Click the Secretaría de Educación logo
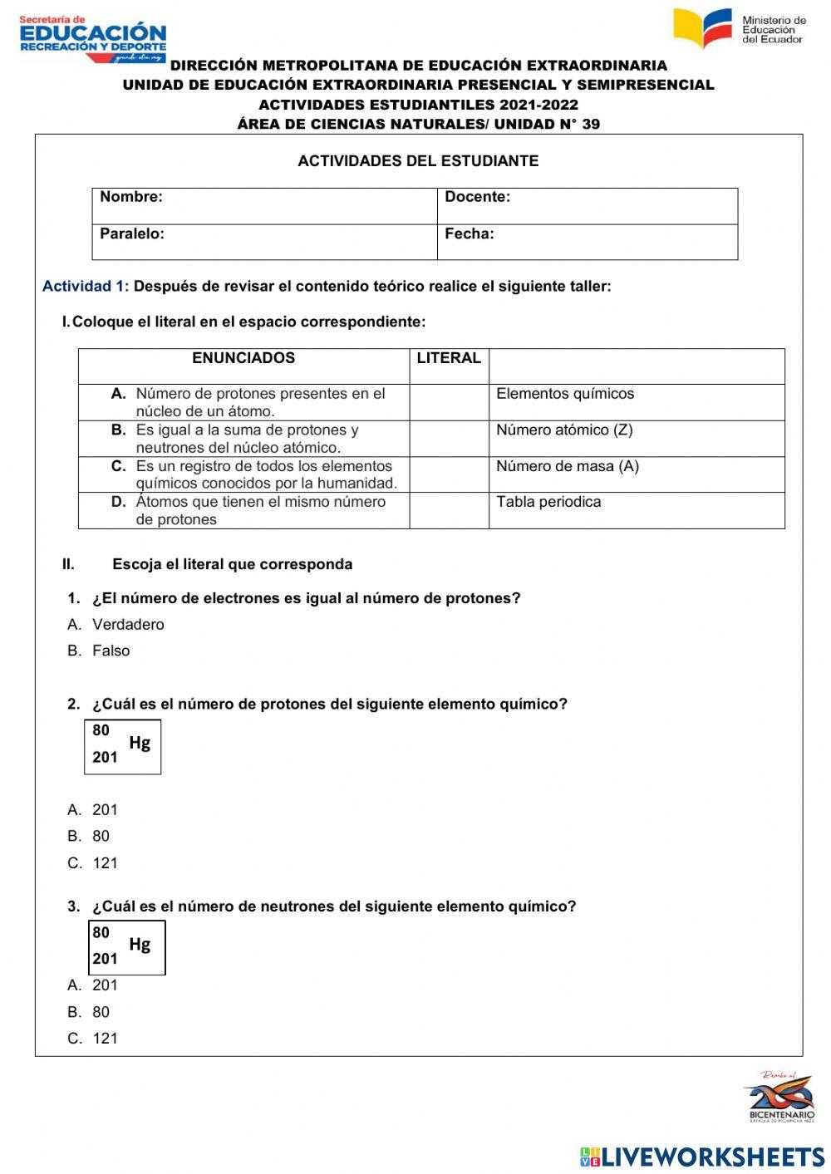click(92, 38)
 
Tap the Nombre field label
click(131, 197)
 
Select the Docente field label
click(477, 197)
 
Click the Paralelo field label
click(132, 233)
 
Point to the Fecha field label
click(469, 233)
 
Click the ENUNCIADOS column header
click(243, 358)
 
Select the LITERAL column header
click(449, 358)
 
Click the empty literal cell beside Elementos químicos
click(449, 402)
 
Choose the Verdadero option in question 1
click(128, 625)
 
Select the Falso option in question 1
click(111, 651)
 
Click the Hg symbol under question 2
click(140, 744)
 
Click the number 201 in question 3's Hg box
click(105, 959)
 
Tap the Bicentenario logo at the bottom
click(781, 1096)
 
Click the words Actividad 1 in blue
click(86, 287)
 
